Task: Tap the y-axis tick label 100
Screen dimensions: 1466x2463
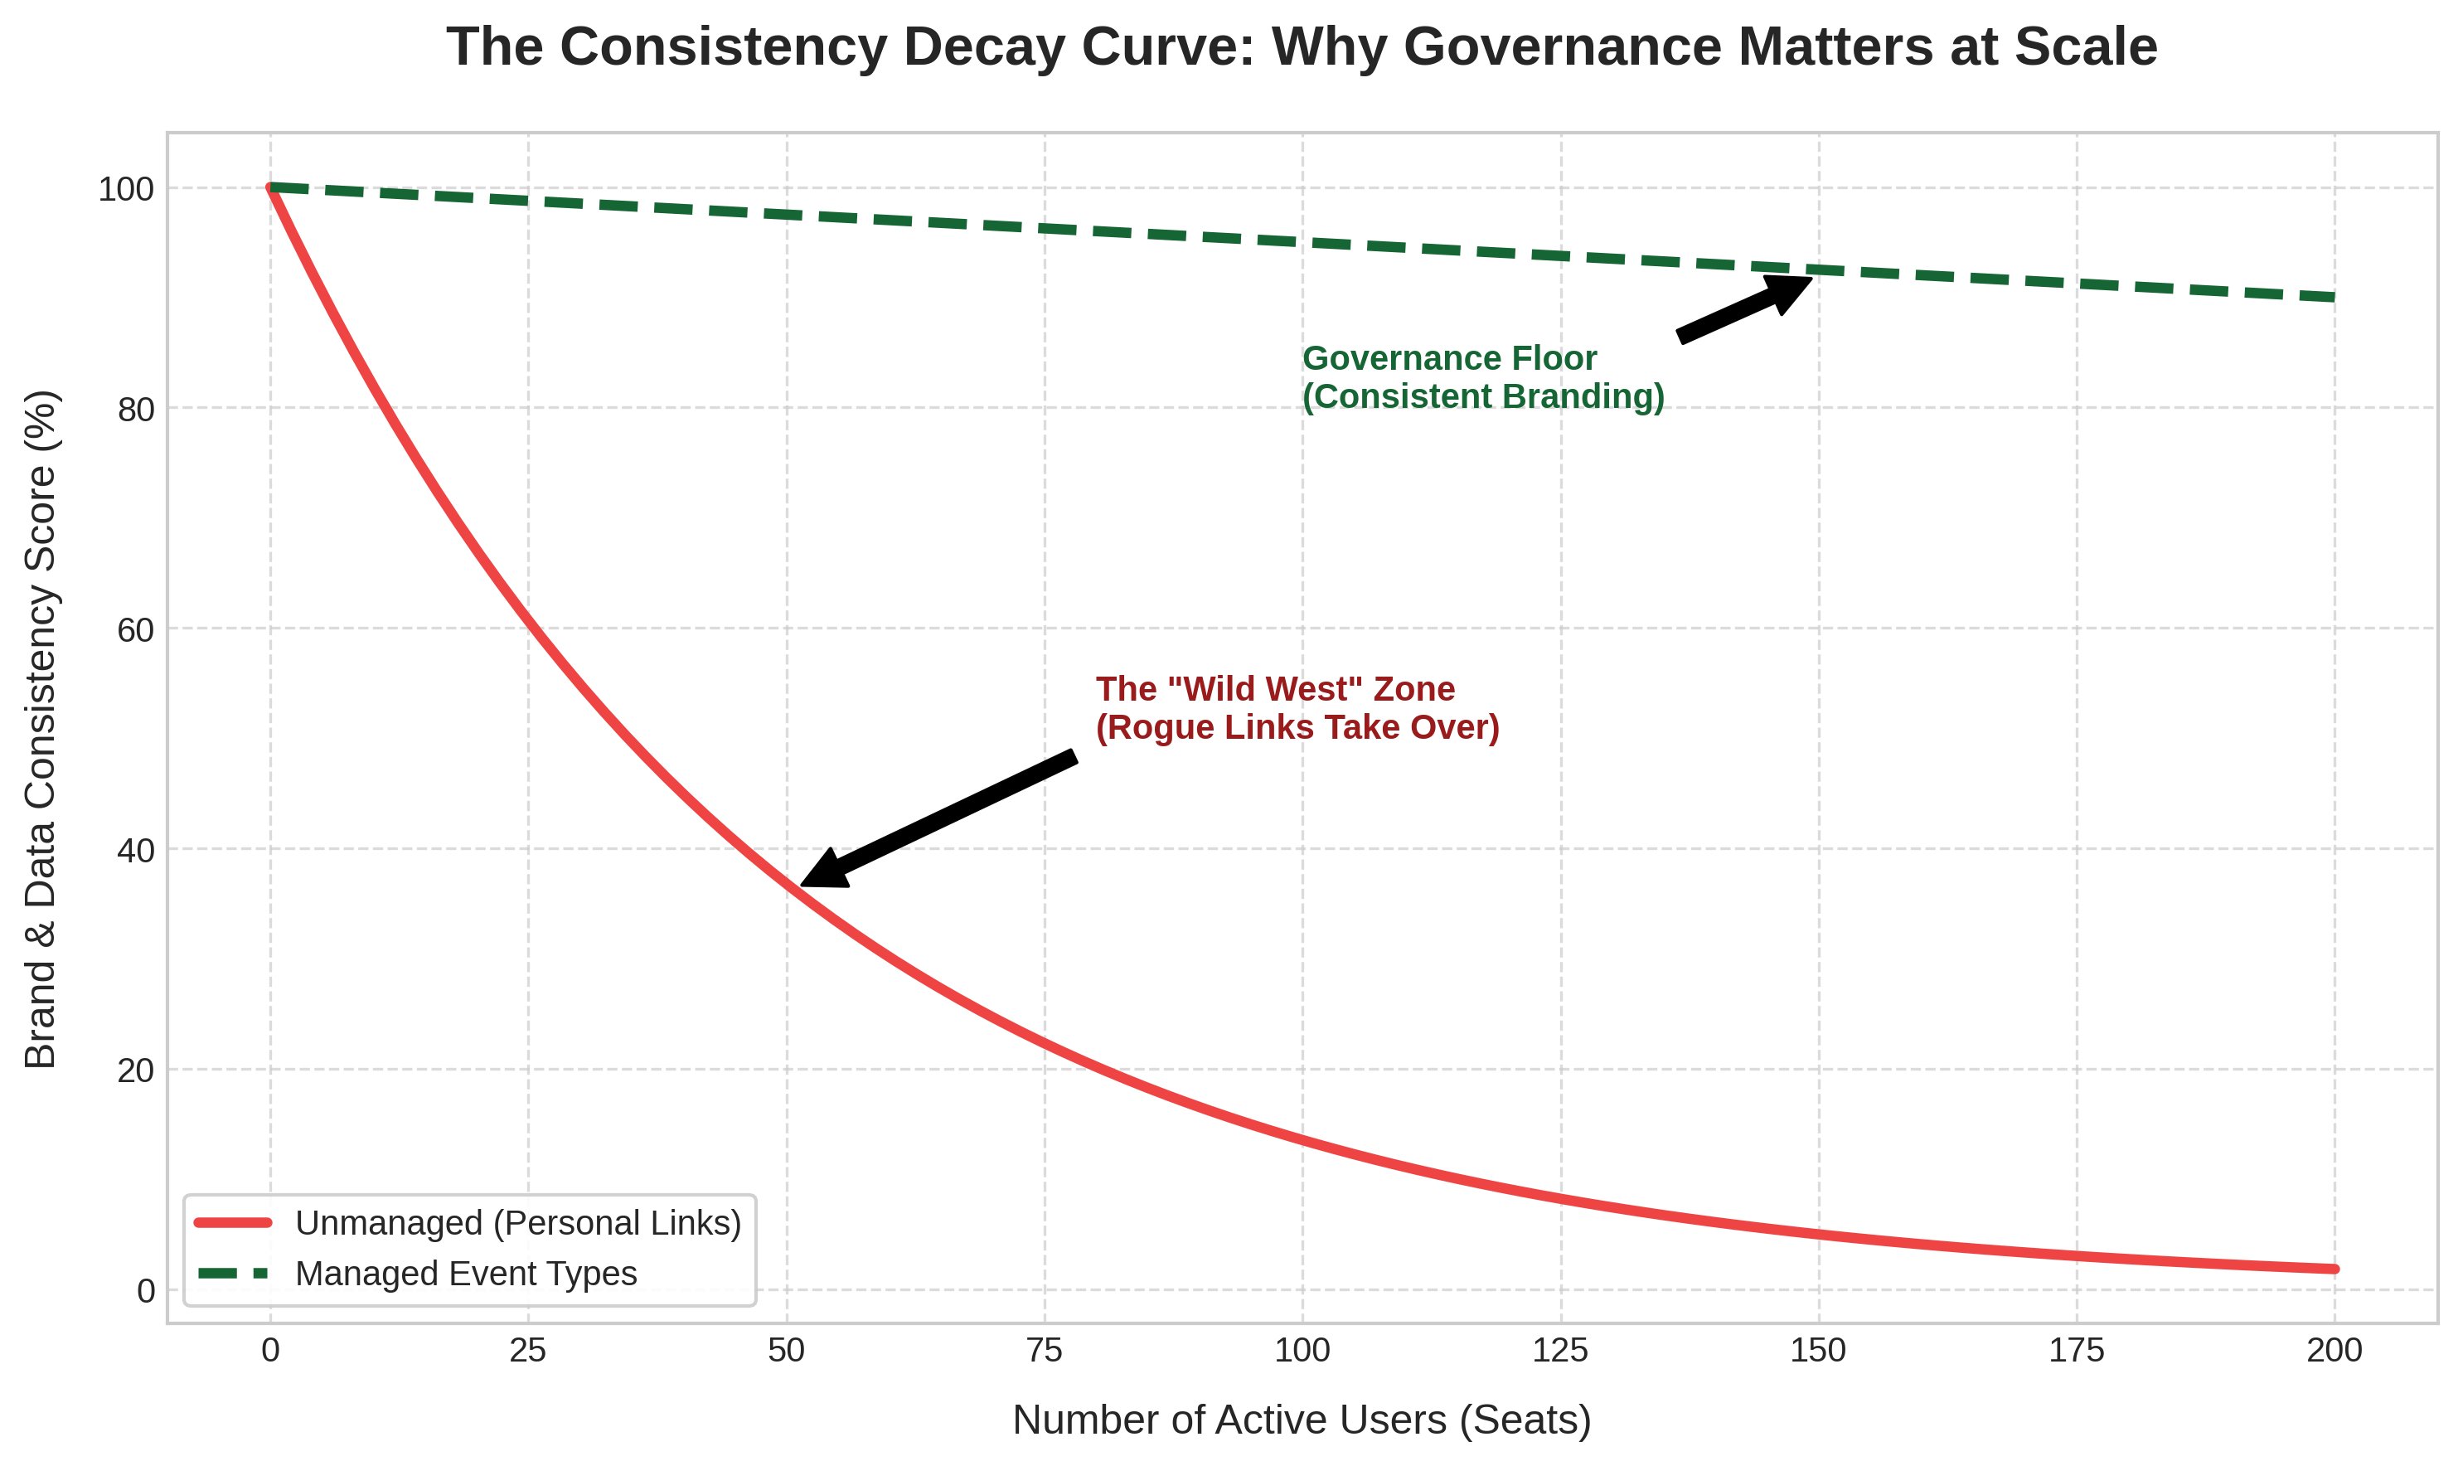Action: coord(126,189)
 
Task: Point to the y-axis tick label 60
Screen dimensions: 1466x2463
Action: coord(136,629)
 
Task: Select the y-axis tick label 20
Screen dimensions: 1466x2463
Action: coord(136,1070)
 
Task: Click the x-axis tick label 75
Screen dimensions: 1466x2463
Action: coord(1044,1351)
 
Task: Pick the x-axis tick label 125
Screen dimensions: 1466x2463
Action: coord(1560,1351)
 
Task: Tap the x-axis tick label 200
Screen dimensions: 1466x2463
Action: coord(2334,1351)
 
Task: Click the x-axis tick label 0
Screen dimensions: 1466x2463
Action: coord(270,1351)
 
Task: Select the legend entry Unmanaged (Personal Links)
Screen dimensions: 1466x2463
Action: coord(517,1223)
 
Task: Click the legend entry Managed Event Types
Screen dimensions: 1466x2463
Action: coord(466,1274)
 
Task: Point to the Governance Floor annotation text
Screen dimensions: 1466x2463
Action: coord(1449,358)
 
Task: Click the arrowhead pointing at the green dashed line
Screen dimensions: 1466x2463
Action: coord(1792,288)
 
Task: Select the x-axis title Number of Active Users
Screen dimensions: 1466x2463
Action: coord(1302,1420)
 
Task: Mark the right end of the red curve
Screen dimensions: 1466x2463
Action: coord(2333,1269)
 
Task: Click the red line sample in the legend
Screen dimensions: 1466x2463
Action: coord(233,1223)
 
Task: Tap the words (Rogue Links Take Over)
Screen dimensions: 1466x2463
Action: coord(1297,727)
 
